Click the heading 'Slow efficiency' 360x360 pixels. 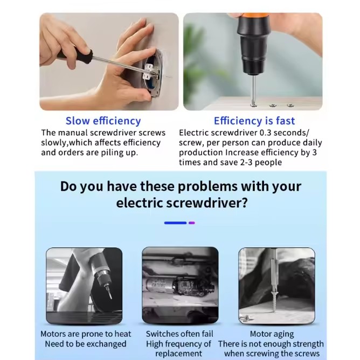103,121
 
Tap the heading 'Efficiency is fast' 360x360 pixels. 254,121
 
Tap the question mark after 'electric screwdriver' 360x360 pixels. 244,203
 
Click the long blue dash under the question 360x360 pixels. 175,223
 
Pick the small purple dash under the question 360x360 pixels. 192,223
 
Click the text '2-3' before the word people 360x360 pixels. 247,162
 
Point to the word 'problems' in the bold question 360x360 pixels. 207,186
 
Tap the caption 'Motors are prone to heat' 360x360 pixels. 86,334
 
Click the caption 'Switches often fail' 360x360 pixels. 179,334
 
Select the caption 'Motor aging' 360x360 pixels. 272,334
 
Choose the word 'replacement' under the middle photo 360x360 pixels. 178,354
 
